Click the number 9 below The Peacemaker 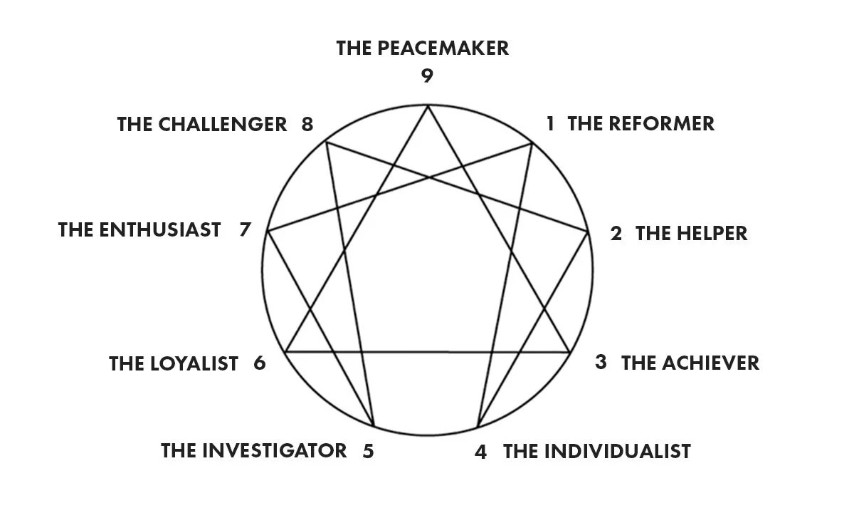[x=426, y=76]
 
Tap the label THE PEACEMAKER [x=423, y=48]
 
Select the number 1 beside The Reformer [x=549, y=123]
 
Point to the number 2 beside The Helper [x=616, y=234]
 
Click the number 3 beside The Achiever [x=601, y=362]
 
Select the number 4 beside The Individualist [x=481, y=452]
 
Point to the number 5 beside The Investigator [x=368, y=451]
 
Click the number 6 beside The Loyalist [x=259, y=363]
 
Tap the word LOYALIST [x=194, y=363]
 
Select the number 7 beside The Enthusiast [x=246, y=230]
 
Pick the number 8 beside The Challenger [x=307, y=124]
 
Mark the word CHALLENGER [x=223, y=124]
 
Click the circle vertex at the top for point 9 [x=427, y=105]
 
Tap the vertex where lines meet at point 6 [x=285, y=351]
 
